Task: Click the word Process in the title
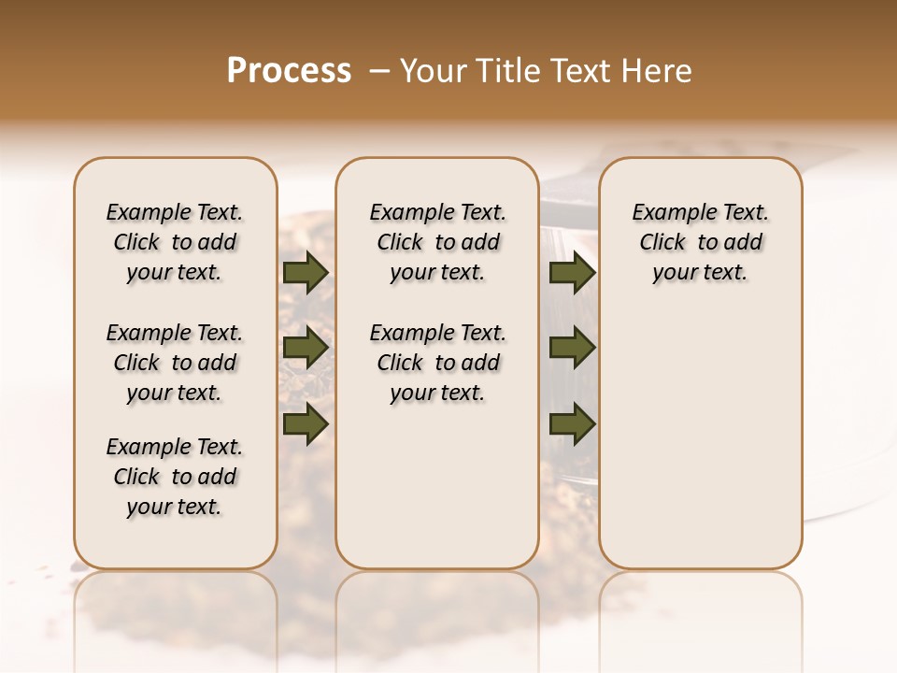pos(289,71)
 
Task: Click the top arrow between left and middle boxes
pos(305,272)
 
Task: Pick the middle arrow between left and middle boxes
pos(305,348)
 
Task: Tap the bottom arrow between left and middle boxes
pos(305,423)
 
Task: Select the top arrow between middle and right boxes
pos(572,272)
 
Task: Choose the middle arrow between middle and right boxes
pos(572,348)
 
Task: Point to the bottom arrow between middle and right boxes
pos(572,423)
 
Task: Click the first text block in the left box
pos(175,242)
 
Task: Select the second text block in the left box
pos(175,363)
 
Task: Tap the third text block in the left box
pos(175,477)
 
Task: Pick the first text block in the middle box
pos(437,242)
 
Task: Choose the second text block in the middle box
pos(437,363)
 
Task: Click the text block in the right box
pos(700,242)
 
